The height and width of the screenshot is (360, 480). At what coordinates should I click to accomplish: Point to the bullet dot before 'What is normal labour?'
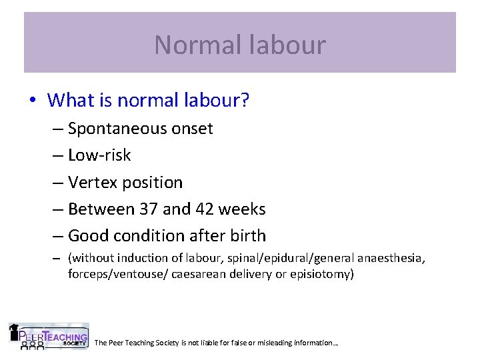pyautogui.click(x=33, y=101)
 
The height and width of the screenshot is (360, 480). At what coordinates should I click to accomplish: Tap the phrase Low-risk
pyautogui.click(x=99, y=155)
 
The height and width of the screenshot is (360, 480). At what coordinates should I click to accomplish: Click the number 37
pyautogui.click(x=149, y=209)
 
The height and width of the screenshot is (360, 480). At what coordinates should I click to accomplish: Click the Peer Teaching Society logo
pyautogui.click(x=48, y=337)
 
